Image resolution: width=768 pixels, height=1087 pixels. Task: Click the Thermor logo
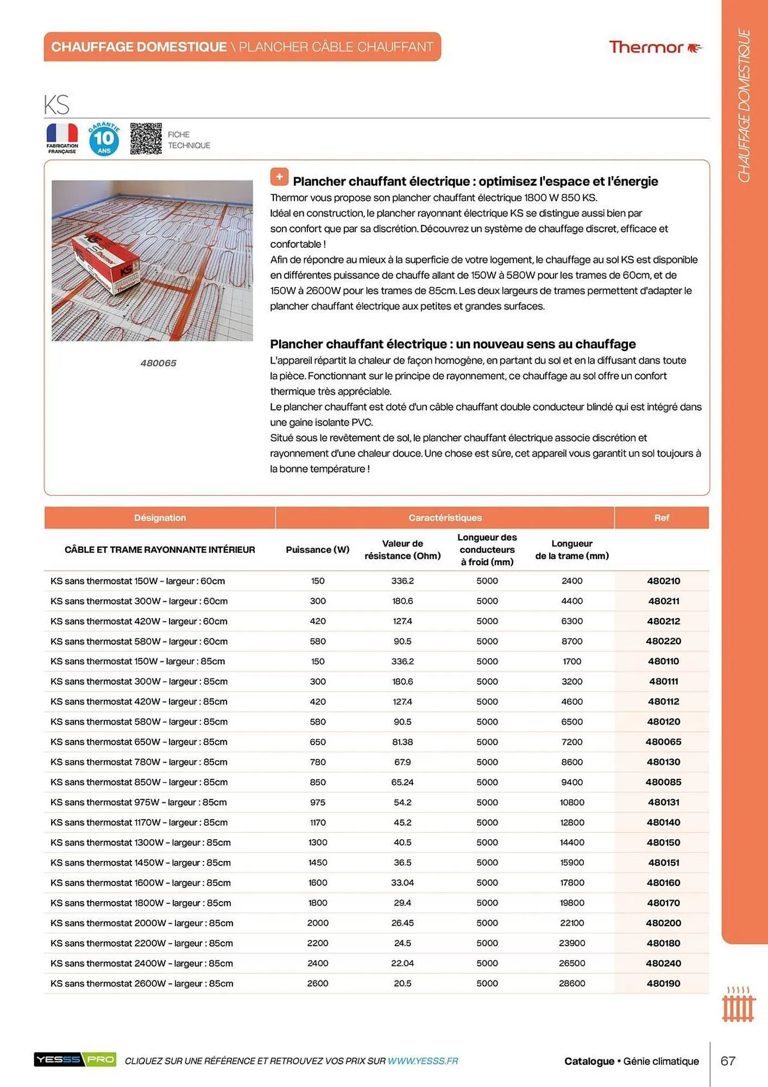click(x=655, y=47)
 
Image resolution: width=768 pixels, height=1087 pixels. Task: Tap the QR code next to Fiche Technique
click(x=146, y=139)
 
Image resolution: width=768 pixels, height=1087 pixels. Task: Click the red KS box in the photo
click(x=106, y=259)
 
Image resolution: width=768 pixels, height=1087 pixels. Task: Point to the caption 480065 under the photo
click(x=158, y=363)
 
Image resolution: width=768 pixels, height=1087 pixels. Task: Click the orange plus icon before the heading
click(x=279, y=177)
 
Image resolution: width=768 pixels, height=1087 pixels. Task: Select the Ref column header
click(x=661, y=518)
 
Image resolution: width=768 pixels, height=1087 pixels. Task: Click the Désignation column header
click(x=160, y=518)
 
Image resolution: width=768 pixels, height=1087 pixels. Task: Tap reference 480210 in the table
click(x=663, y=581)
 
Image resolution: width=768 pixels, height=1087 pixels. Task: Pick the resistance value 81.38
click(x=402, y=742)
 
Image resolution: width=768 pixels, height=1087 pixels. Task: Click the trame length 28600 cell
click(x=572, y=983)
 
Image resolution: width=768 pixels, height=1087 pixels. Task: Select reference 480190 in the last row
click(x=663, y=983)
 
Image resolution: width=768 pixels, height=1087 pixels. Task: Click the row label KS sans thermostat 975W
click(x=139, y=802)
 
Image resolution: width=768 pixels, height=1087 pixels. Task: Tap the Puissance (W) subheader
click(x=318, y=549)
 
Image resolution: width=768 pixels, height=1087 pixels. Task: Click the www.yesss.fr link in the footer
click(x=423, y=1061)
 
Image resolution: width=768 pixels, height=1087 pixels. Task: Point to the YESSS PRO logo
click(x=75, y=1059)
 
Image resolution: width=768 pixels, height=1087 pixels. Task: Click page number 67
click(x=728, y=1061)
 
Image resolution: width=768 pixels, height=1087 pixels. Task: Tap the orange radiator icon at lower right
click(x=739, y=1005)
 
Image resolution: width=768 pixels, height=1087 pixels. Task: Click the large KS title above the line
click(x=57, y=104)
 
